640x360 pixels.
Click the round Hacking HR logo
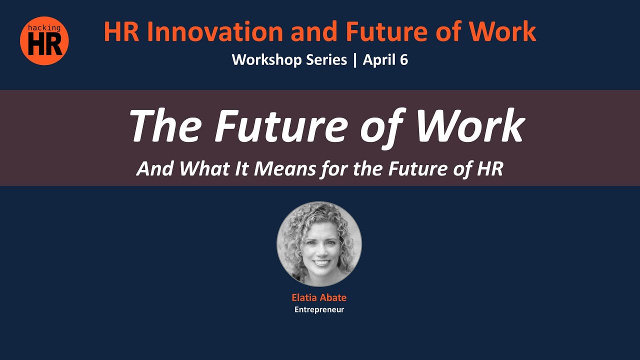pos(44,41)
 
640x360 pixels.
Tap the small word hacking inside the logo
pos(44,28)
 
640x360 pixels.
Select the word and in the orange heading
pos(314,31)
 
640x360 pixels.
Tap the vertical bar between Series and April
pos(355,60)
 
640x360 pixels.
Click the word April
pos(379,60)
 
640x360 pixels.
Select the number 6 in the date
pos(404,59)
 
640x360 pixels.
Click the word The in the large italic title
pos(165,125)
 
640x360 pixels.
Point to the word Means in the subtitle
pos(285,168)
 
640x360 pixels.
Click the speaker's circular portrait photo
pos(319,244)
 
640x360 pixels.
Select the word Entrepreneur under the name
pos(319,309)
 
